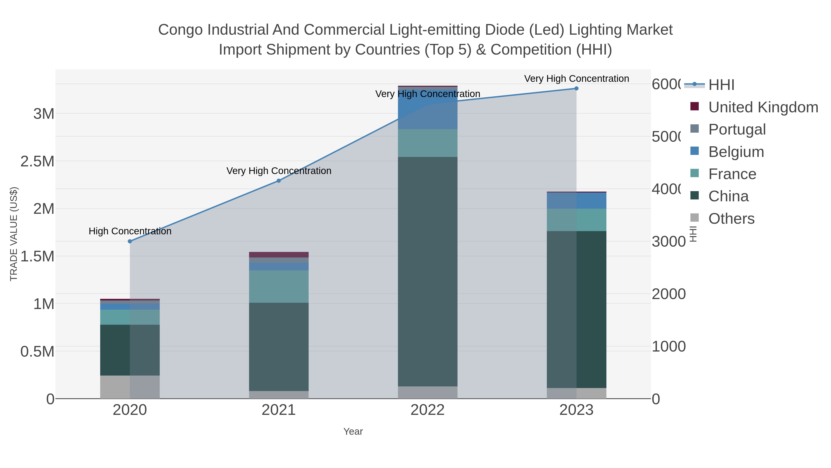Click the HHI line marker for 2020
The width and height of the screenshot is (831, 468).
pos(130,241)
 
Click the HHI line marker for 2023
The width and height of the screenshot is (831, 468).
pos(576,89)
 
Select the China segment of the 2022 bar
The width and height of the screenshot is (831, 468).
pos(428,271)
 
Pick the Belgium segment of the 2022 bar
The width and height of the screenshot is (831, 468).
pos(428,110)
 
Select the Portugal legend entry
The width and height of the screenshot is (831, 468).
pos(737,129)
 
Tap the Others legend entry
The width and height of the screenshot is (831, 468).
pos(731,219)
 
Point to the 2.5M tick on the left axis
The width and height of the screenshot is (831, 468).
pos(37,161)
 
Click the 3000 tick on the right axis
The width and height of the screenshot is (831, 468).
pos(668,242)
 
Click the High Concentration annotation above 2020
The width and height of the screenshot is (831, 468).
pos(130,231)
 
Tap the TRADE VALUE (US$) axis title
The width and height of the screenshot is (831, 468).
pos(14,234)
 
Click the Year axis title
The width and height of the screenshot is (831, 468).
pos(353,431)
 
